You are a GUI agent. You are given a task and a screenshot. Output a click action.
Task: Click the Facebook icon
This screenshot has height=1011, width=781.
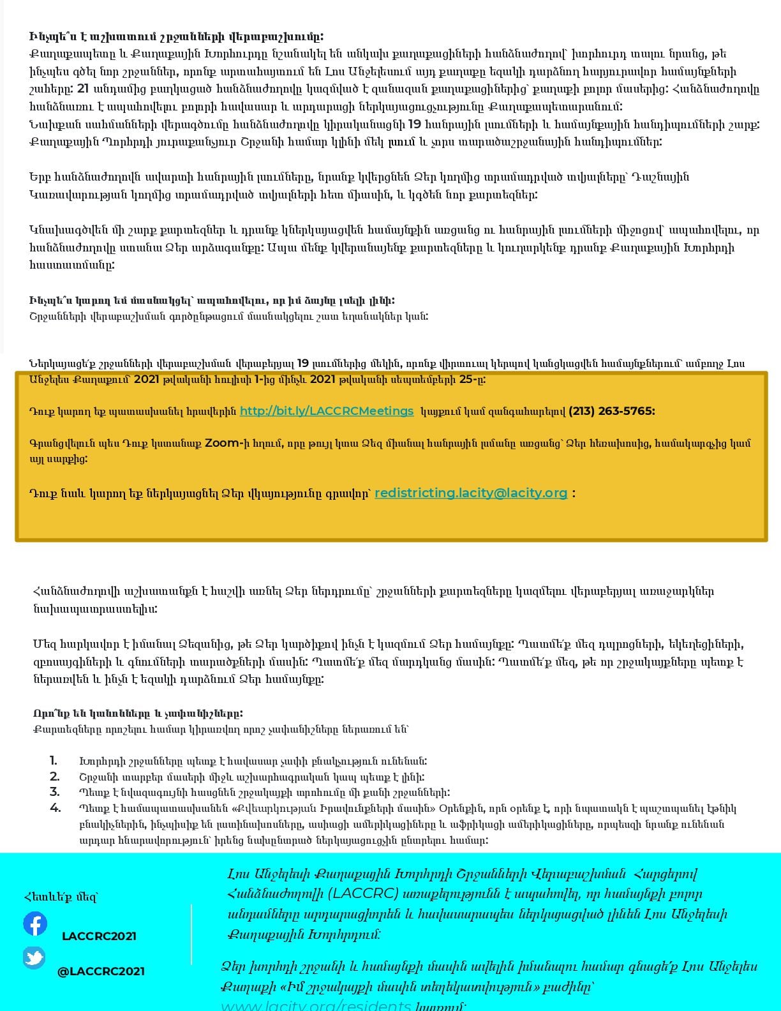point(35,924)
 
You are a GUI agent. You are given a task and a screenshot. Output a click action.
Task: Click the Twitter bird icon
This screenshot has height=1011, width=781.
point(34,958)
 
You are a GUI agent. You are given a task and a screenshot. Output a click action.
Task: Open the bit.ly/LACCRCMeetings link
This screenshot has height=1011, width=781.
point(327,411)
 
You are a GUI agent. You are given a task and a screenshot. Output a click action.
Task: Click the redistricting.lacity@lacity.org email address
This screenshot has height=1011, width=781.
point(471,493)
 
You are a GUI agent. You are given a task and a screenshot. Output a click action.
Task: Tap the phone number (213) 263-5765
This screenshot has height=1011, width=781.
point(611,411)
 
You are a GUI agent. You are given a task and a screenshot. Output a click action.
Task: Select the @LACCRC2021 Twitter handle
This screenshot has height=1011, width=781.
point(101,971)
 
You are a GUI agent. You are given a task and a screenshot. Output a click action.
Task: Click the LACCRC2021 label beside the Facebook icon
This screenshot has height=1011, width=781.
point(99,936)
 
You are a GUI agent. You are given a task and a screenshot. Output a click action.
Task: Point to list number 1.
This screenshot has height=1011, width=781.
point(54,761)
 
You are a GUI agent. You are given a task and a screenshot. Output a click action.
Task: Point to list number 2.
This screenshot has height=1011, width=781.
point(54,777)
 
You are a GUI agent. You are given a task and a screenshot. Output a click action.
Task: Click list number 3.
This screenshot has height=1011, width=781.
point(54,792)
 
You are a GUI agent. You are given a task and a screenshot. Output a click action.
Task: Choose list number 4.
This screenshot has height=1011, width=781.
point(55,808)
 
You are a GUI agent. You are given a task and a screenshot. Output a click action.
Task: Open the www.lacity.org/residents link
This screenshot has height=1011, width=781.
point(316,1006)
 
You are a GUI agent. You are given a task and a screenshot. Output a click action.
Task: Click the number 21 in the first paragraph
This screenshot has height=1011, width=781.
point(82,89)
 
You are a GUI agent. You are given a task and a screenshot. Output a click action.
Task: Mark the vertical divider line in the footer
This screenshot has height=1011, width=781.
point(191,934)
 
